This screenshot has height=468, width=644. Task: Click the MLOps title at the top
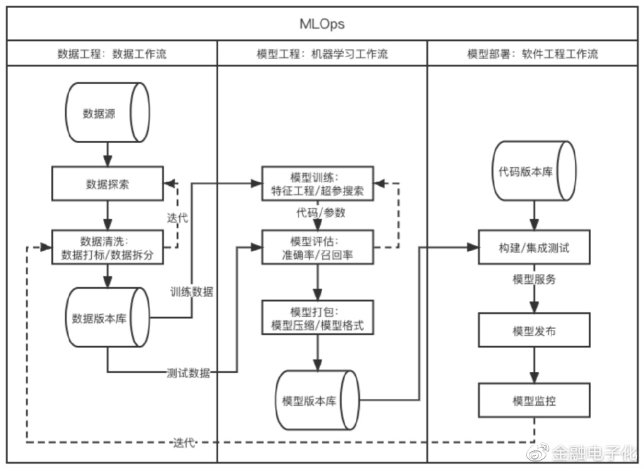pyautogui.click(x=321, y=24)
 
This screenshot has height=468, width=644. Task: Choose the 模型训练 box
pyautogui.click(x=317, y=183)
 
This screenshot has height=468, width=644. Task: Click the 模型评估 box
pyautogui.click(x=317, y=247)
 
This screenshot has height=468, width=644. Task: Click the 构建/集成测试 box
pyautogui.click(x=533, y=248)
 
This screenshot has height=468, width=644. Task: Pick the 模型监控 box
pyautogui.click(x=533, y=401)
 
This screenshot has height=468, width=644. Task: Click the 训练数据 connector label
pyautogui.click(x=191, y=291)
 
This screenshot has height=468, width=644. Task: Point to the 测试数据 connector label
pyautogui.click(x=188, y=373)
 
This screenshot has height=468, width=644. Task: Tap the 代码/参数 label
pyautogui.click(x=321, y=212)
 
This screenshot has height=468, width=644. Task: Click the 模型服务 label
pyautogui.click(x=534, y=280)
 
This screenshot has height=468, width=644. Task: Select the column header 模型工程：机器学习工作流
pyautogui.click(x=322, y=53)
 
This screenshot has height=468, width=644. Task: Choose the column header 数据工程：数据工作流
pyautogui.click(x=112, y=53)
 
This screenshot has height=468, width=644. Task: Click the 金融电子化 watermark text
pyautogui.click(x=594, y=452)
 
